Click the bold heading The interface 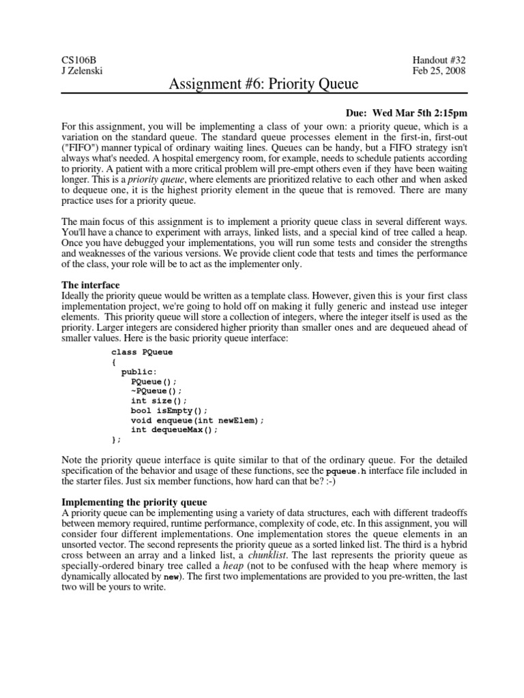[x=91, y=284]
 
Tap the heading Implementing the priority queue [x=134, y=502]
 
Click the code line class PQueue [x=142, y=352]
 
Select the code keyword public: [x=139, y=372]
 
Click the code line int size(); [x=158, y=401]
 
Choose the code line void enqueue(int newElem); [x=197, y=421]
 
